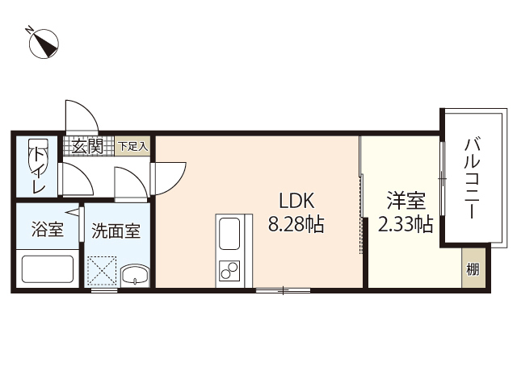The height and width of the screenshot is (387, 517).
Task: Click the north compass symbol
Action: point(45,44)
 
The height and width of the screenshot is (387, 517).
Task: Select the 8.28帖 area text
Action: point(296,224)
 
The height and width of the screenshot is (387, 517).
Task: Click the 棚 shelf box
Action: point(473,269)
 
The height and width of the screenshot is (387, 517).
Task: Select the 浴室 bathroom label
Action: point(46,230)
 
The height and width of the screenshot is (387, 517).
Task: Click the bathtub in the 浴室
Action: point(46,268)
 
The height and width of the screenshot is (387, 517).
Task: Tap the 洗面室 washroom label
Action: point(116,231)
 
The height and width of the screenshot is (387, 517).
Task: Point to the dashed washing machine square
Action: point(103,269)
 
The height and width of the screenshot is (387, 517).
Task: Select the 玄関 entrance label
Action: point(86,146)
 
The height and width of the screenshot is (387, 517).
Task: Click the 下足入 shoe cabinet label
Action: point(133,146)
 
